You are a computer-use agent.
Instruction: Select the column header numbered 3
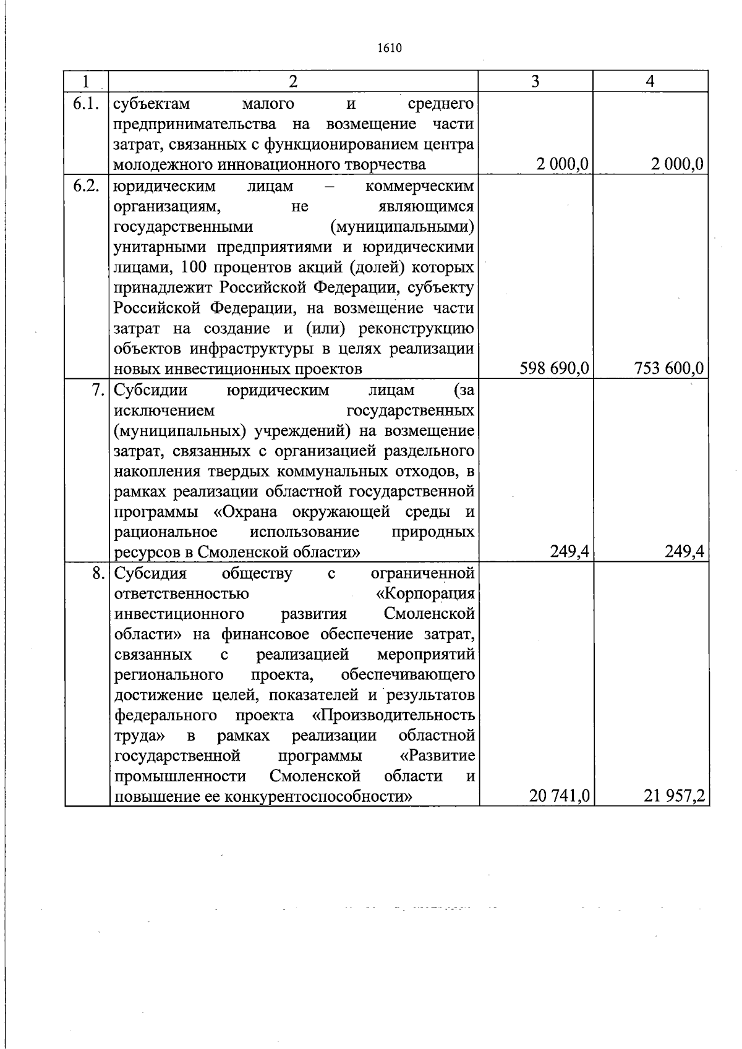535,82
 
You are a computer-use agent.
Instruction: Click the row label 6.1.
86,103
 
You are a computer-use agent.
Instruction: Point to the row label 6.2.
86,186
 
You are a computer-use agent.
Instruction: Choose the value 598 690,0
555,369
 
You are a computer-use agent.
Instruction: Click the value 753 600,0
669,369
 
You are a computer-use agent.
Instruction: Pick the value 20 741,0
559,797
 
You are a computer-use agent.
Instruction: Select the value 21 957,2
674,797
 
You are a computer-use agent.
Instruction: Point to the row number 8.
98,573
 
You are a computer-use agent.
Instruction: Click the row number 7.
98,390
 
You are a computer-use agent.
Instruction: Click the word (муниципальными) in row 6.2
402,227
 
